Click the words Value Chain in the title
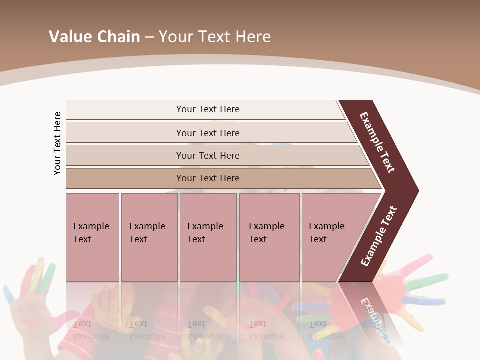click(x=94, y=37)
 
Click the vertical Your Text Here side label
click(x=57, y=143)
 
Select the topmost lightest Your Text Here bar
click(x=205, y=109)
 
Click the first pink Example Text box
click(x=92, y=237)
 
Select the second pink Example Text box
click(x=149, y=237)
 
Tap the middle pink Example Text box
click(x=208, y=237)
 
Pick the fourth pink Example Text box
click(x=269, y=237)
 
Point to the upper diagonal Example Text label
click(x=377, y=142)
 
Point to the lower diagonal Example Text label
click(x=379, y=236)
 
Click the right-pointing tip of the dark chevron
click(x=416, y=190)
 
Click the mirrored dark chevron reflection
click(x=372, y=312)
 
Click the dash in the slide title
click(x=149, y=37)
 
